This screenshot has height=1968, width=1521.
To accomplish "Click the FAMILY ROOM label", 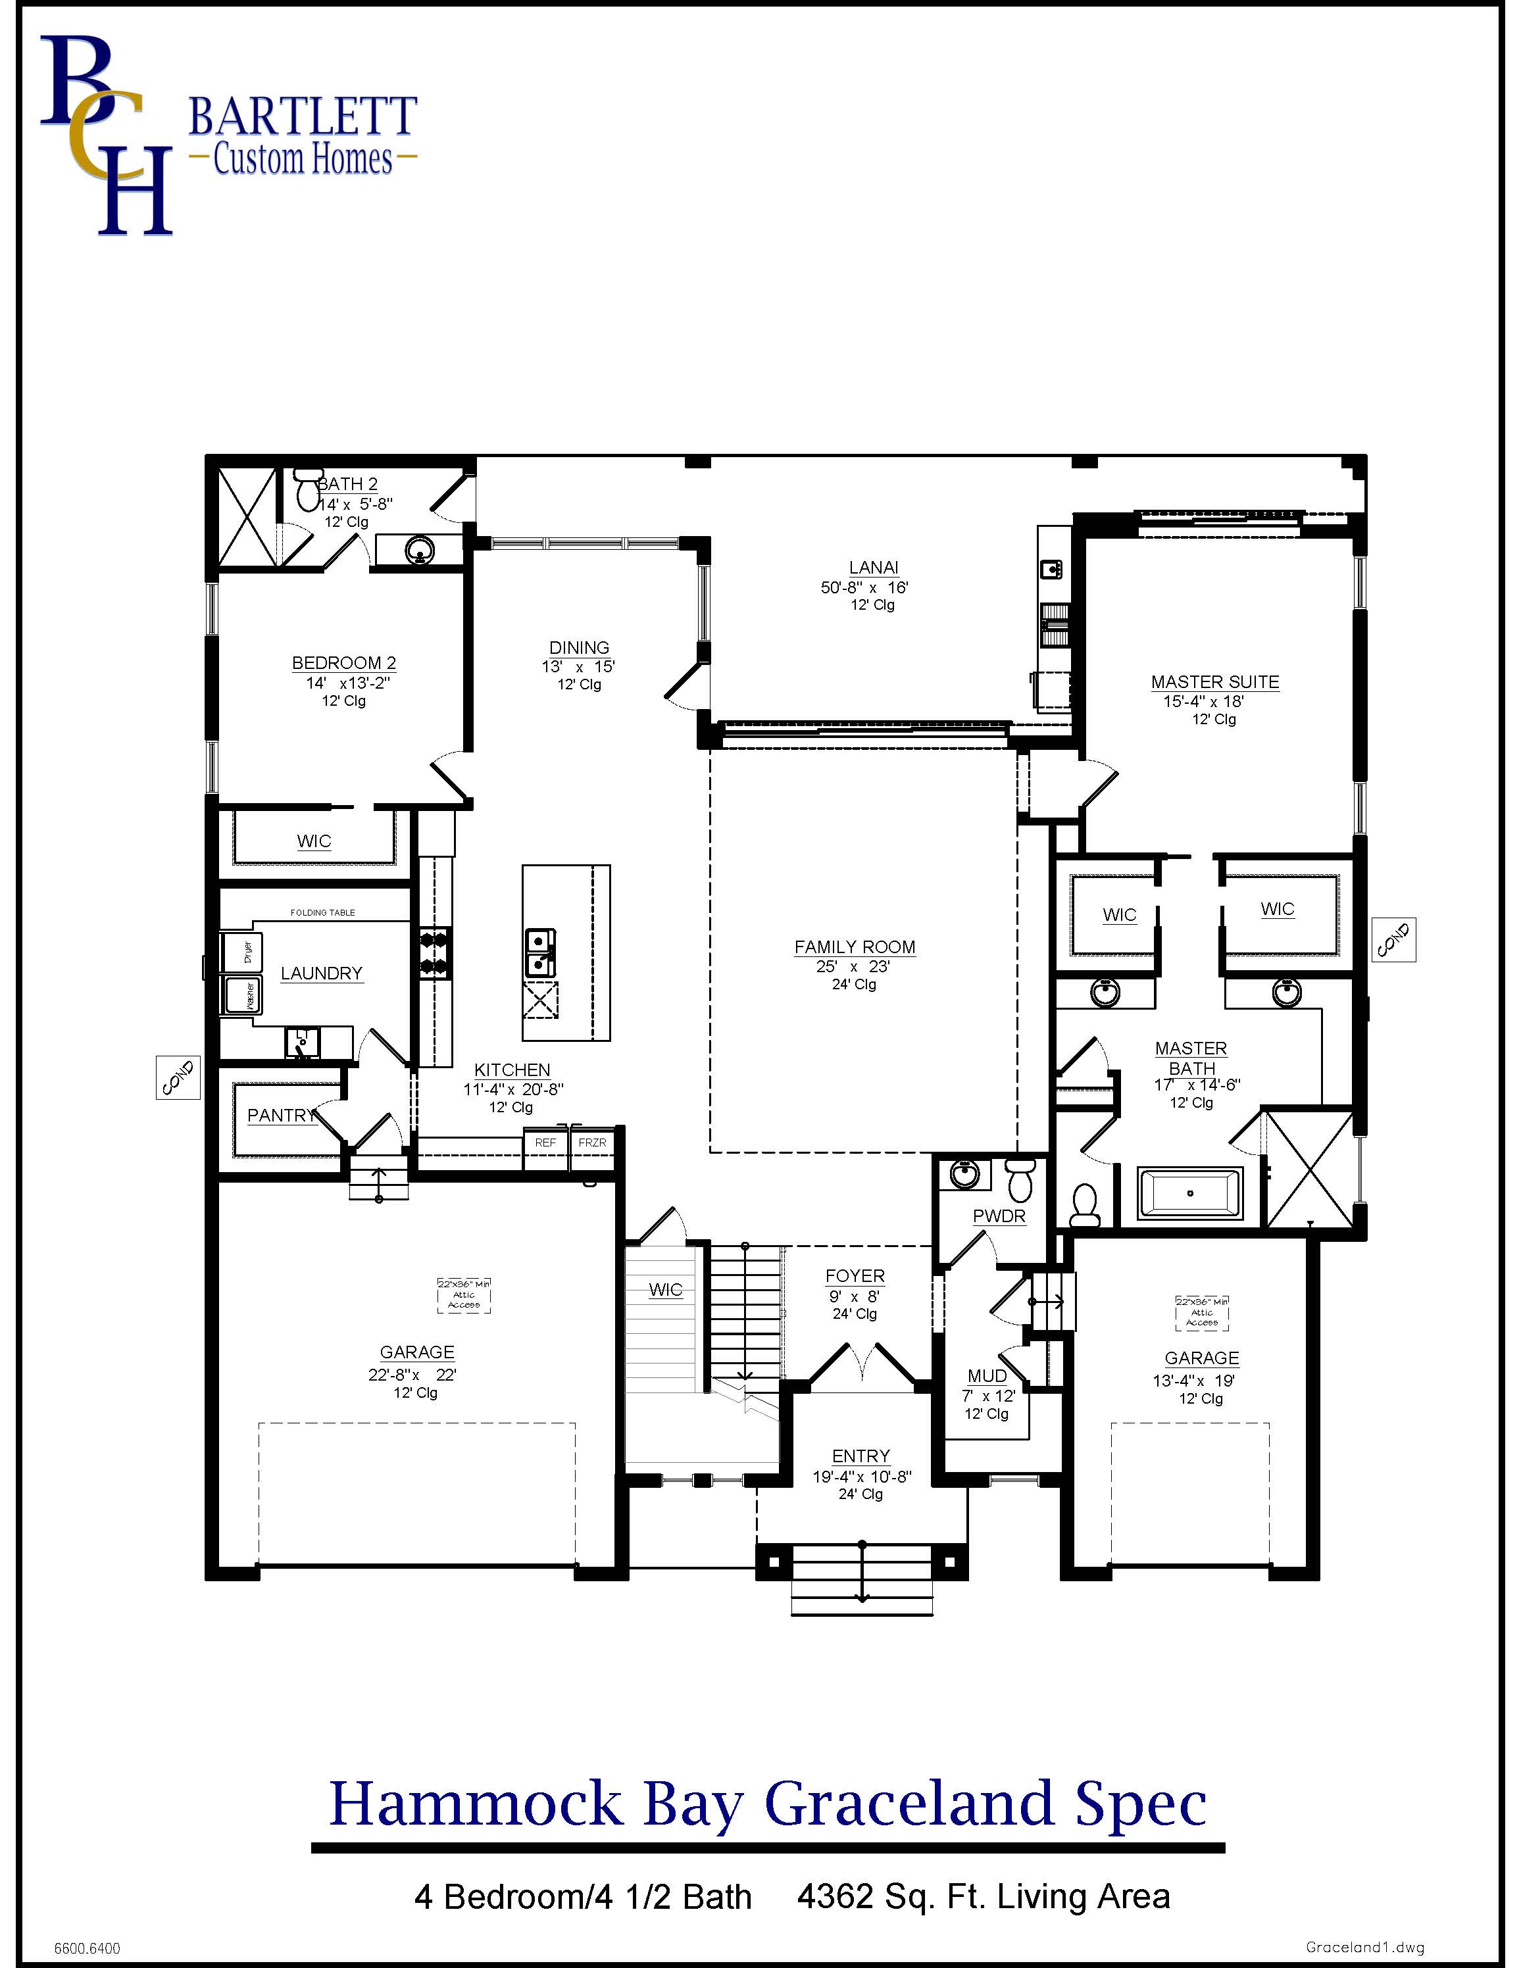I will [854, 947].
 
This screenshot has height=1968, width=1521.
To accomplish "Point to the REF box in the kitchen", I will [545, 1143].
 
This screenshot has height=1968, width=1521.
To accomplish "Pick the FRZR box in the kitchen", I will [592, 1143].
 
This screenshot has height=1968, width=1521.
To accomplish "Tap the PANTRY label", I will [281, 1116].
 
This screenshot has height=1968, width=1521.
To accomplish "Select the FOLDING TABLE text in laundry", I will [322, 913].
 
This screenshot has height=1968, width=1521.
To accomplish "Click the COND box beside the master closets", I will [1393, 940].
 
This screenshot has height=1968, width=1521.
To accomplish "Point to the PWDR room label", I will [999, 1216].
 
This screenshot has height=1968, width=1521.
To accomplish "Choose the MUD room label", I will [987, 1376].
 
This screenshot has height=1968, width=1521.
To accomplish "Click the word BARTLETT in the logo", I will [302, 117].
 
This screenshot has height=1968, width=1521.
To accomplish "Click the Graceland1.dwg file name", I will [1364, 1947].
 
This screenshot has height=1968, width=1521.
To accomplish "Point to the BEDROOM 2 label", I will [343, 663].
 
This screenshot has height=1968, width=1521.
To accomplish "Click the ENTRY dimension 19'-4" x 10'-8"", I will [861, 1477].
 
